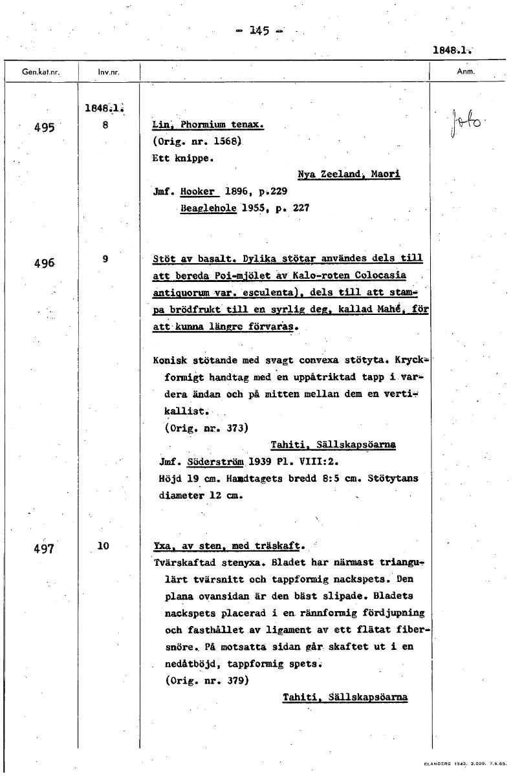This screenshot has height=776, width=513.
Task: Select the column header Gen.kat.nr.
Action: [40, 72]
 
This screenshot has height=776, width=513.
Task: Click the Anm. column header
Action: [466, 72]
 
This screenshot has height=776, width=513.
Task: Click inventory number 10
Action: [104, 546]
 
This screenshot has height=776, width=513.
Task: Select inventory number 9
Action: [105, 259]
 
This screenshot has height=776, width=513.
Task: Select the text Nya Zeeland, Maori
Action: [349, 175]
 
